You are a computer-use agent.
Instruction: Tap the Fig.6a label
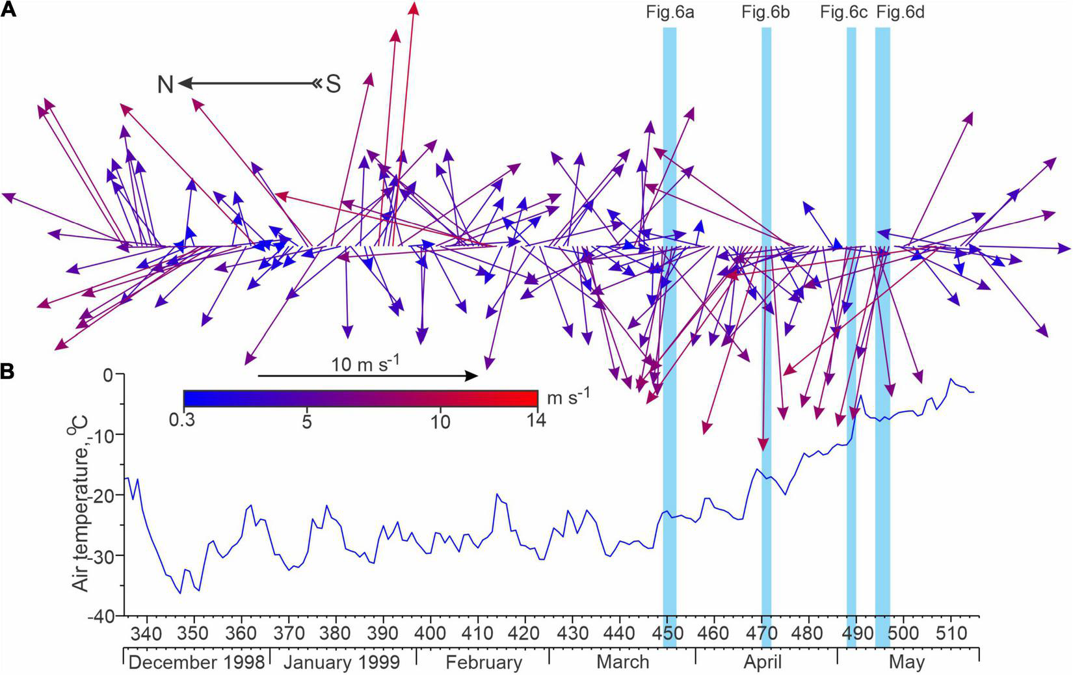670,12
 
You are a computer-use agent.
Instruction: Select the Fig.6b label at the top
765,12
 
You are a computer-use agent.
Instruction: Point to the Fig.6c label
843,12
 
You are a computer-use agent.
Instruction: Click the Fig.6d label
900,12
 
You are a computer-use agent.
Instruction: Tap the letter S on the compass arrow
333,85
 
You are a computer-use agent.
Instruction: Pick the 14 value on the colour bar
536,421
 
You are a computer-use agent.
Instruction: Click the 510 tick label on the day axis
951,633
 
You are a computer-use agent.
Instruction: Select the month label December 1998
196,662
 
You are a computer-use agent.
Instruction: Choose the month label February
484,662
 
